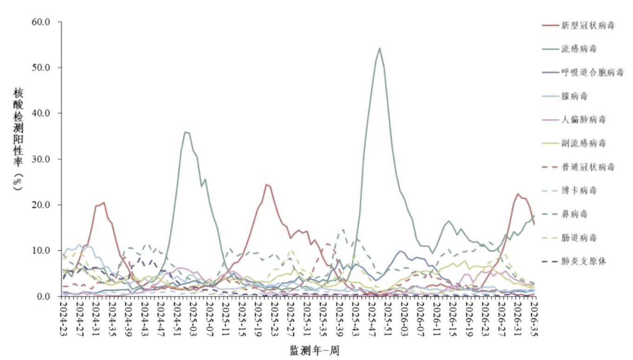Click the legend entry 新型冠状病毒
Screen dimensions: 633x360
(578, 26)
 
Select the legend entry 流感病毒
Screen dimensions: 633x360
(569, 49)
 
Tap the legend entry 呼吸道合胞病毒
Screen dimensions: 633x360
(583, 73)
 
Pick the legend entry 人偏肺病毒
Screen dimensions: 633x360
(574, 120)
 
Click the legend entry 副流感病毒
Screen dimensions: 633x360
(574, 143)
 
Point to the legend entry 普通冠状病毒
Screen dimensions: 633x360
(578, 167)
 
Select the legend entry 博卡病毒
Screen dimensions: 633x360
(569, 190)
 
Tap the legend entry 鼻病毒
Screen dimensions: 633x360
(565, 214)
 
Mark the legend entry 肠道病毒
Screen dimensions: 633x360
(569, 238)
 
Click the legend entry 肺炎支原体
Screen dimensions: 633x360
(574, 261)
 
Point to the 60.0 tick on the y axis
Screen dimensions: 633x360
(41, 22)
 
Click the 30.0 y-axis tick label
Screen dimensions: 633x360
(41, 159)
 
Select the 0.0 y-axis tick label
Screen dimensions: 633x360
(43, 297)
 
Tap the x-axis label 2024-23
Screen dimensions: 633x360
(64, 319)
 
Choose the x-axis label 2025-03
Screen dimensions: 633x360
(194, 319)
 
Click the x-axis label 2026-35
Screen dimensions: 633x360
(534, 319)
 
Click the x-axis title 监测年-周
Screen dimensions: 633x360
(314, 351)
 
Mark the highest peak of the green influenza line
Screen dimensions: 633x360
(380, 48)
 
